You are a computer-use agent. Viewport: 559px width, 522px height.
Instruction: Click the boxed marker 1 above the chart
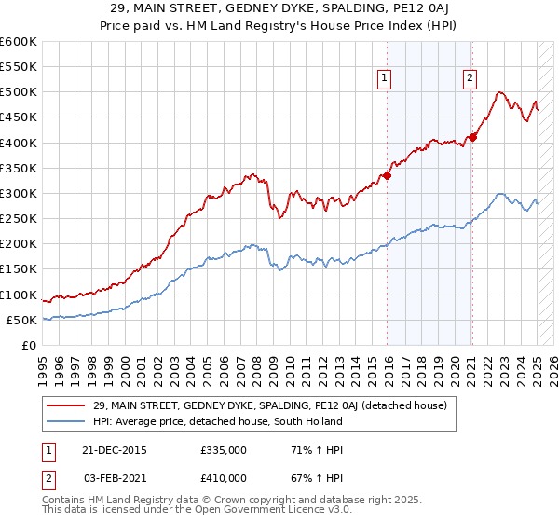click(x=385, y=79)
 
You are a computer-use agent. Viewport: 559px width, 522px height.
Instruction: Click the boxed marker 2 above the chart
click(x=470, y=79)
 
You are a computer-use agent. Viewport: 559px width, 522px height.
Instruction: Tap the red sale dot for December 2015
click(x=388, y=175)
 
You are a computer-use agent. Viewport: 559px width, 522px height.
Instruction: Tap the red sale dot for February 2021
click(x=472, y=137)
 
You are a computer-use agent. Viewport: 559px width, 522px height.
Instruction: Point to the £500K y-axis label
click(x=19, y=92)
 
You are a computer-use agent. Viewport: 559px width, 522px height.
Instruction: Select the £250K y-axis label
click(x=19, y=219)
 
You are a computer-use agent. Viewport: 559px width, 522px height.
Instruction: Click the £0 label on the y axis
click(x=30, y=345)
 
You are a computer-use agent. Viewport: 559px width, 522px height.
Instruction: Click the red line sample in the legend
click(x=66, y=405)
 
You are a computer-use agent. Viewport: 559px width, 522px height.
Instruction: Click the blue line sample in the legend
click(x=66, y=421)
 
